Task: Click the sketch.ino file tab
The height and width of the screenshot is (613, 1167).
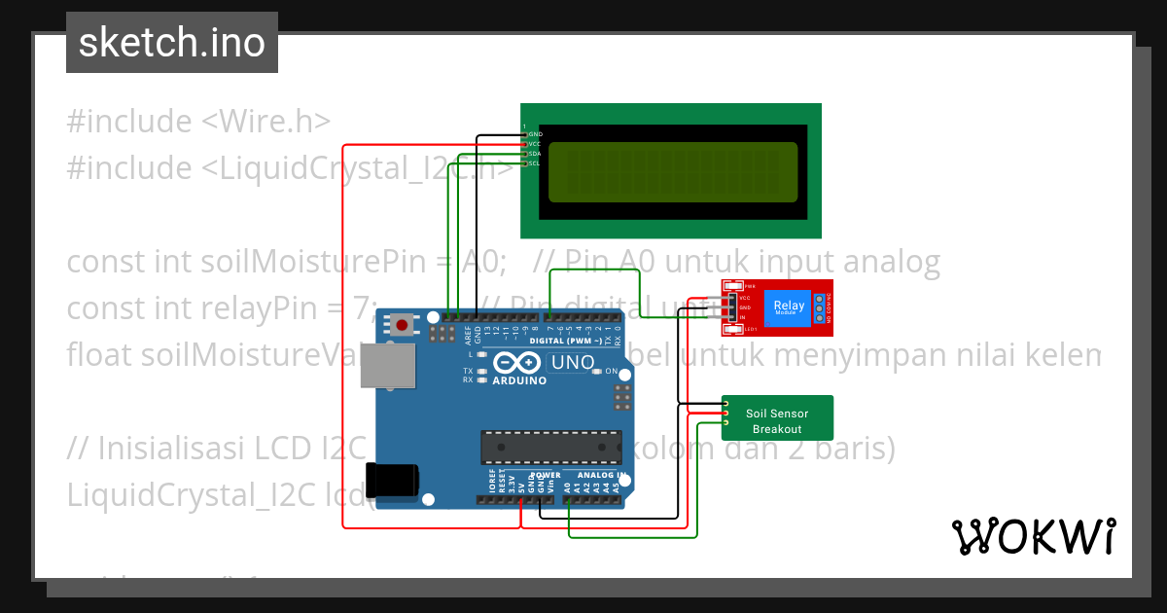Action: (171, 43)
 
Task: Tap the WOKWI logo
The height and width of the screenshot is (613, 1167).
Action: (1033, 536)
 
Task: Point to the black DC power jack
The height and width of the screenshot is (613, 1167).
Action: (392, 482)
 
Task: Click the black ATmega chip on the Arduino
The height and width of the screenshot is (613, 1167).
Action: (550, 447)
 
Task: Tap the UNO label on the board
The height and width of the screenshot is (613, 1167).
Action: (573, 363)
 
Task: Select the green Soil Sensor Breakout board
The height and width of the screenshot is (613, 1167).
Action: (777, 418)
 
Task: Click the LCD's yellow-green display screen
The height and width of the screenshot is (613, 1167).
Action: (672, 171)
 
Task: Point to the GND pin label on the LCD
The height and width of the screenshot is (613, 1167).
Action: (535, 133)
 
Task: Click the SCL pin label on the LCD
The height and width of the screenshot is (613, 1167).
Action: (534, 162)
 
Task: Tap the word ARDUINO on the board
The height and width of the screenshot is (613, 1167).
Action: (519, 380)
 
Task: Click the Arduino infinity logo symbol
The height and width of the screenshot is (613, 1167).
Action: (517, 363)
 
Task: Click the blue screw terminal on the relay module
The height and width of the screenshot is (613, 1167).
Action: (820, 307)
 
